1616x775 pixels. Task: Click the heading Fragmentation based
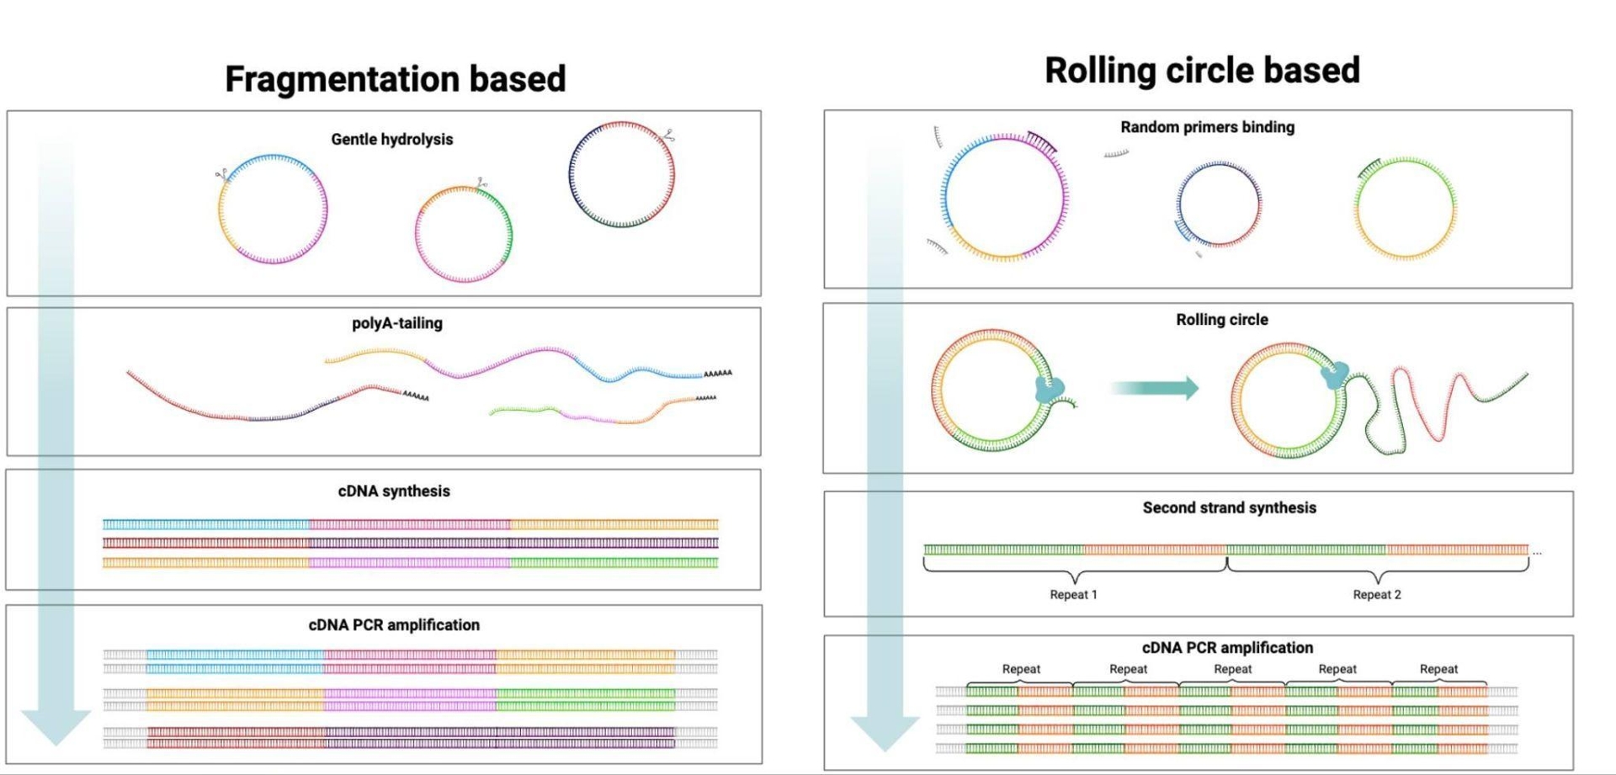coord(395,79)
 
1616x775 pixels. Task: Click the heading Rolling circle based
coord(1201,70)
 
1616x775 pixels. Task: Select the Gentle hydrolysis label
coord(391,139)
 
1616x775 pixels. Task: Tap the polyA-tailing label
coord(396,323)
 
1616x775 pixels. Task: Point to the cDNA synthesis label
coord(393,491)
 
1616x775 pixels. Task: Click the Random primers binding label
coord(1207,127)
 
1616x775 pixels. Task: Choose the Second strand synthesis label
coord(1229,507)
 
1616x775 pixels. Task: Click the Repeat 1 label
coord(1073,594)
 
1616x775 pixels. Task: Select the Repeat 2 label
coord(1376,594)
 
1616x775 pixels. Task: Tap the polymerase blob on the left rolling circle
coord(1050,389)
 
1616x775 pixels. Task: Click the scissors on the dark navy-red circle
coord(669,135)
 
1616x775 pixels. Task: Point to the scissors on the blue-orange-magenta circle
coord(222,175)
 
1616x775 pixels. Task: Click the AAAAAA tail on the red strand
coord(416,395)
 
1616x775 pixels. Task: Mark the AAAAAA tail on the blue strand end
coord(717,373)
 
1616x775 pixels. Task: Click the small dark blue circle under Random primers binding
coord(1218,204)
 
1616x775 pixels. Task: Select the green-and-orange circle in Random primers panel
coord(1405,208)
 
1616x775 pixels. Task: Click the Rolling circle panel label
coord(1221,320)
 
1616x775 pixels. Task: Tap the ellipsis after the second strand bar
coord(1537,553)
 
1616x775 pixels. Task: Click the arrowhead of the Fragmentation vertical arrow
coord(56,726)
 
